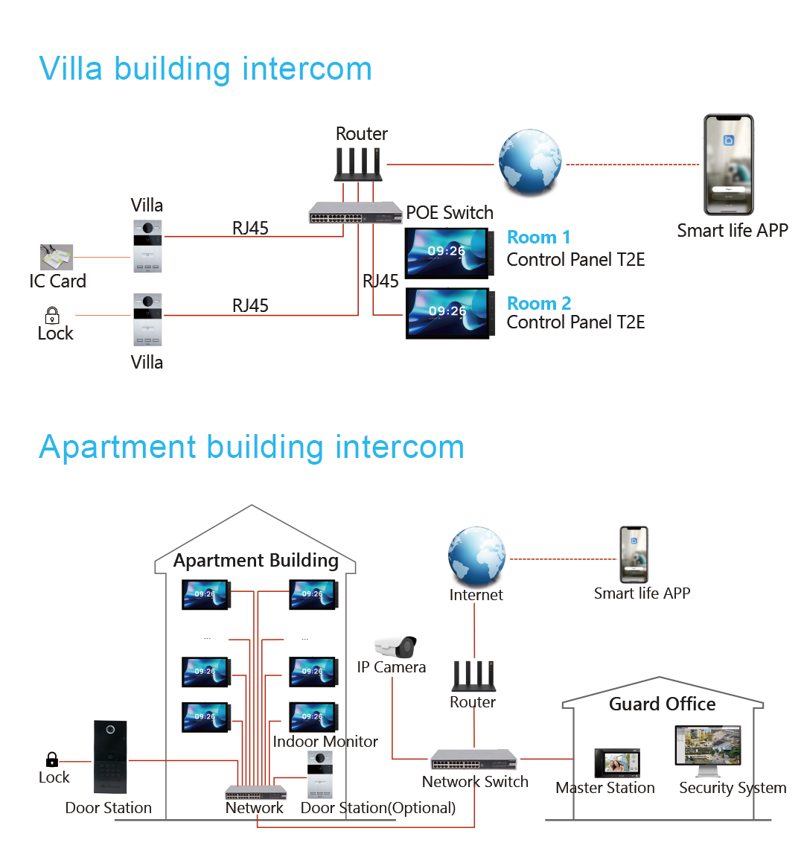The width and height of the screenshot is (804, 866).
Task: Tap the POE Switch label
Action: click(449, 212)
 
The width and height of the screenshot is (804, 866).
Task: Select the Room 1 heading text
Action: click(538, 238)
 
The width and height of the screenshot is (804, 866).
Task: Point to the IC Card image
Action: click(57, 257)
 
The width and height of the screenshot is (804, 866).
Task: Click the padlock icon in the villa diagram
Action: click(52, 315)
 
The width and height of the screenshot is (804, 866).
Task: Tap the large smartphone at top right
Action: click(729, 165)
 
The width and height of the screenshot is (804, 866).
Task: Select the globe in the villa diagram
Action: click(530, 162)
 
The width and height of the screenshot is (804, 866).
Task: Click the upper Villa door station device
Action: click(147, 246)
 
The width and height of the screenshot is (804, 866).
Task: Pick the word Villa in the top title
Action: click(71, 69)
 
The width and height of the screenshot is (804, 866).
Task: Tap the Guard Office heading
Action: click(662, 704)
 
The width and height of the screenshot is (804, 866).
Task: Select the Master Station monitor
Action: click(616, 762)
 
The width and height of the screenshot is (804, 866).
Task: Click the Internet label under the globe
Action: click(476, 595)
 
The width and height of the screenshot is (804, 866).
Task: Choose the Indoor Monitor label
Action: click(325, 742)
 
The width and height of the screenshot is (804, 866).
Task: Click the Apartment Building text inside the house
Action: click(255, 561)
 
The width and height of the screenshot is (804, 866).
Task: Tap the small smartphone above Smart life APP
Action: click(634, 555)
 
